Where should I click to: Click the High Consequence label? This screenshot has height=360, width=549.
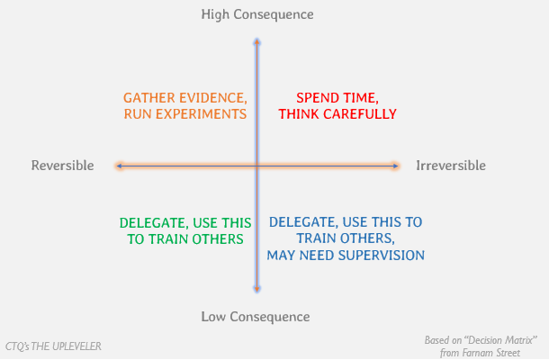257,14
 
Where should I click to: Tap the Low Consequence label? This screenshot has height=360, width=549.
256,317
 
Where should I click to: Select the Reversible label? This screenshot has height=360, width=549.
62,166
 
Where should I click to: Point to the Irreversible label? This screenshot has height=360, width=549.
451,166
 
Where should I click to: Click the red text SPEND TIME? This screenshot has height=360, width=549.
337,97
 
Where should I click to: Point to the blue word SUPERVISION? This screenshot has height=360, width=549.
380,256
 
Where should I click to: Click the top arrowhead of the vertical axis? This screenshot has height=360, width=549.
257,41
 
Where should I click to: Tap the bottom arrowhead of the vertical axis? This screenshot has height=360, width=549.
257,290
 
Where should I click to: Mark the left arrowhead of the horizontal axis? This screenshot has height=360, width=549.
118,166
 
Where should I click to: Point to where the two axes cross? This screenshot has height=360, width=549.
257,166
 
